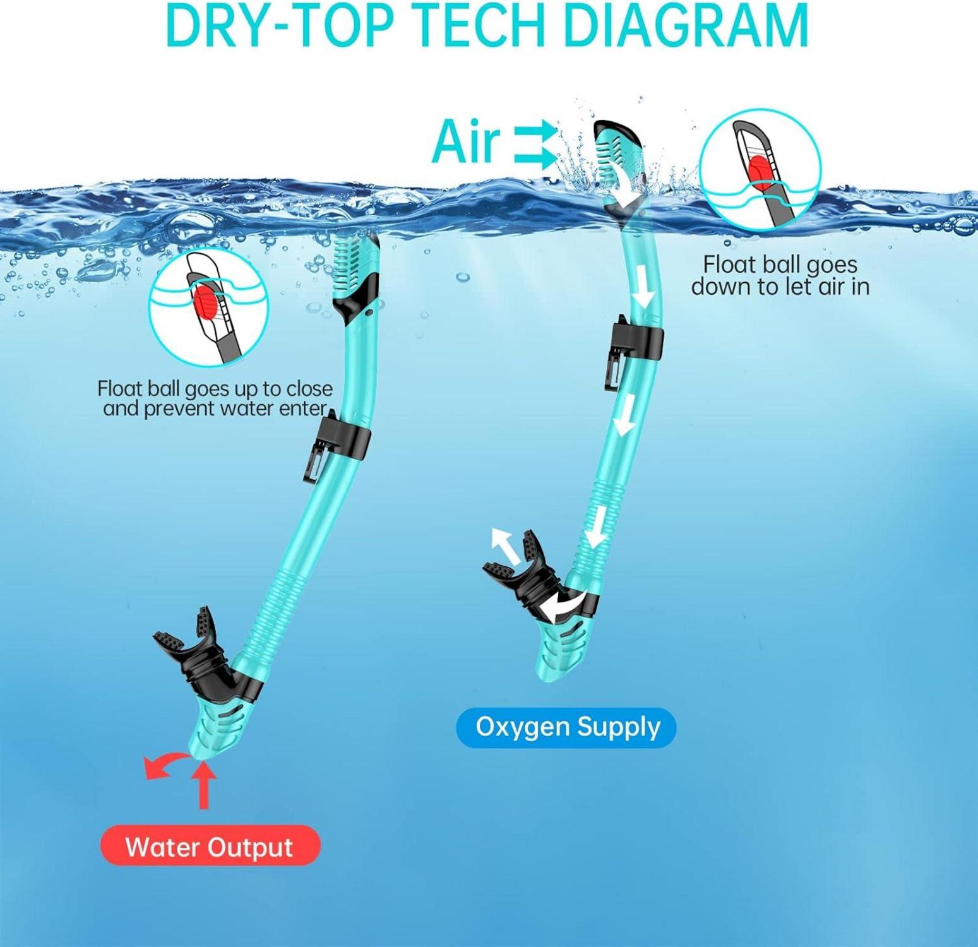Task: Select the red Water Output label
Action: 210,846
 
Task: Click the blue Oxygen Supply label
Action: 566,727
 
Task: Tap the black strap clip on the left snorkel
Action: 333,444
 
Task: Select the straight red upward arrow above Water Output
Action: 203,785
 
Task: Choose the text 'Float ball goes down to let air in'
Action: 780,275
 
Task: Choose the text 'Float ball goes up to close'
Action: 215,388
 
